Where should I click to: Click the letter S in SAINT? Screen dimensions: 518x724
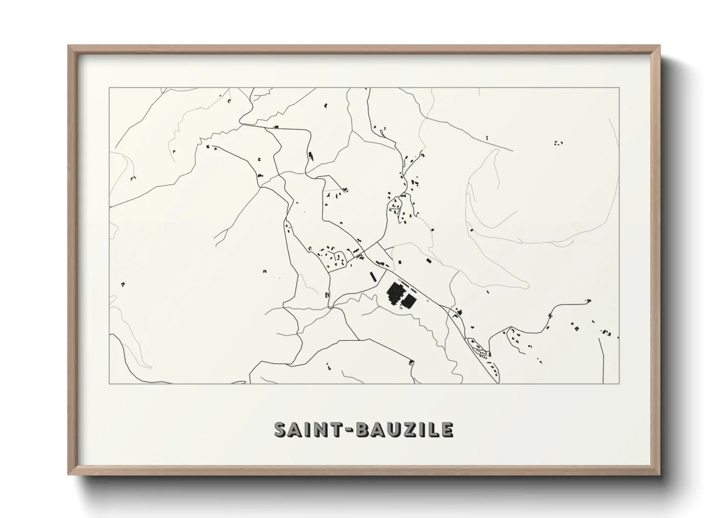(281, 429)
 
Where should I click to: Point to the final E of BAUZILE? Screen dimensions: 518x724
(446, 429)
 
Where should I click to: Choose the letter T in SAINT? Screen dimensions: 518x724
(336, 429)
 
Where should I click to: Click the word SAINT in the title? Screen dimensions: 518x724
(308, 429)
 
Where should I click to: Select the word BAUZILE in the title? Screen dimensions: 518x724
(404, 429)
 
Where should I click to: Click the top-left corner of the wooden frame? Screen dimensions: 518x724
(69, 46)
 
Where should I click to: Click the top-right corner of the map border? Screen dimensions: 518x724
(619, 88)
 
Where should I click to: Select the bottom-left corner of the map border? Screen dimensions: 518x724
(109, 383)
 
